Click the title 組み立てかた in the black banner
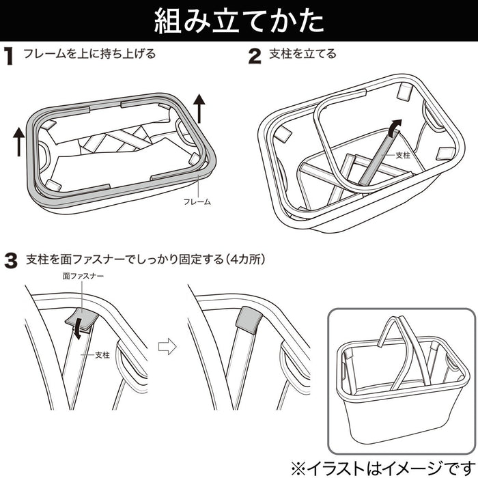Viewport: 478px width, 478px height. tap(238, 21)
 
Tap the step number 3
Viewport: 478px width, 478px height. tap(10, 260)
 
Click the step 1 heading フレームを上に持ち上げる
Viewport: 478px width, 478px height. tap(89, 54)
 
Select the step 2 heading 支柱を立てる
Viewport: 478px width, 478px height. tap(303, 54)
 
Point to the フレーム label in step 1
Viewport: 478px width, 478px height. tap(198, 202)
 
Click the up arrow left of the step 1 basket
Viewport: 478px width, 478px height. tap(18, 140)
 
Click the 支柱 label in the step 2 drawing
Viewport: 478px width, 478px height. tap(402, 156)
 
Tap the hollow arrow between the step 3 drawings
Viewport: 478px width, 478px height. tap(167, 346)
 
